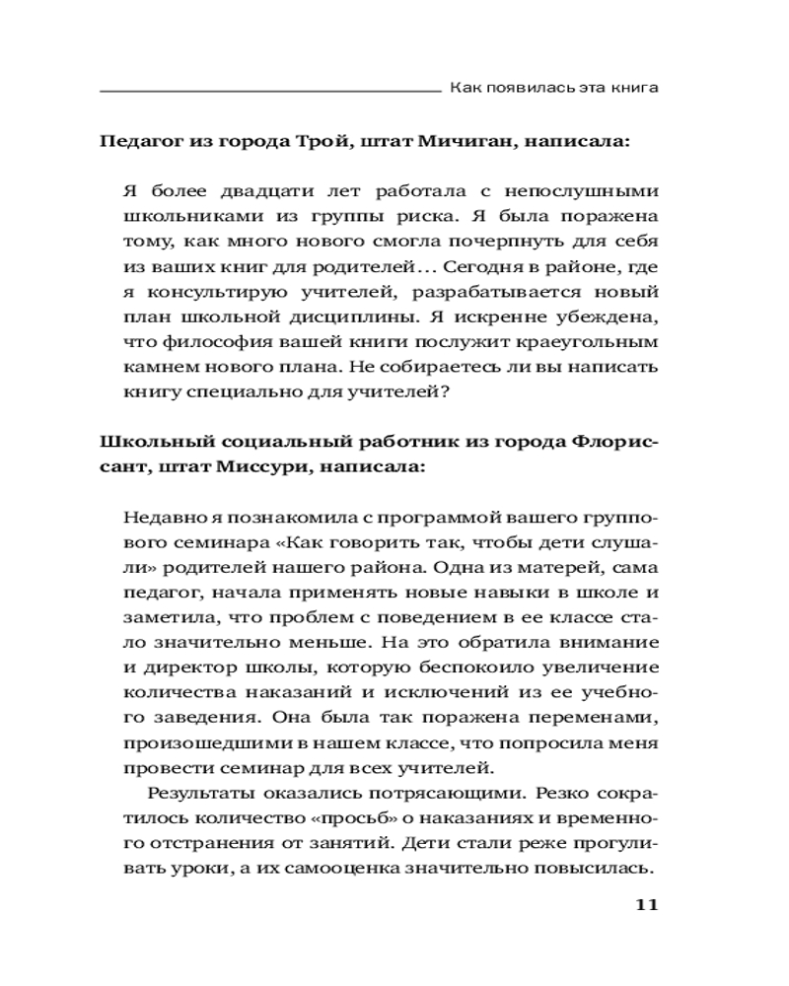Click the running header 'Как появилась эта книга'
(553, 88)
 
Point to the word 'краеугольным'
(588, 344)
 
